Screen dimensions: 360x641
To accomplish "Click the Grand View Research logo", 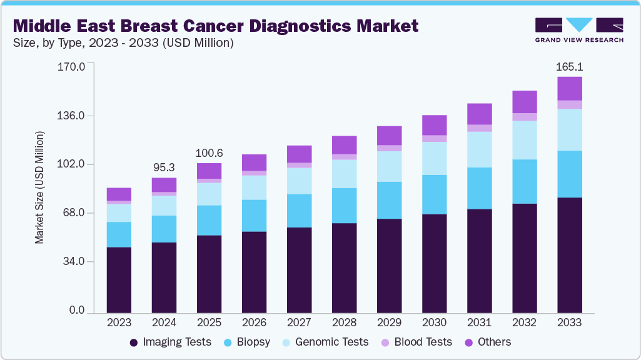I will (x=579, y=29).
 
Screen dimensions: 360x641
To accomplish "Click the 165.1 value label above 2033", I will (x=570, y=67).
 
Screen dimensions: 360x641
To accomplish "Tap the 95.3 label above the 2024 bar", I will (x=164, y=168).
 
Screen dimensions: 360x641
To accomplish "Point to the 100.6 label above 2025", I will (x=209, y=153).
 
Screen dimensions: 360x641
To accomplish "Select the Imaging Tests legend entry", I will (x=170, y=342).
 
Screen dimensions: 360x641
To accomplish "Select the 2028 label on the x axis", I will (x=344, y=322).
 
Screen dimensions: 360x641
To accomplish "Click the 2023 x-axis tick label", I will (x=119, y=322).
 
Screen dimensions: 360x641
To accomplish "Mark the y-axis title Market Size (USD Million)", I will (x=39, y=187).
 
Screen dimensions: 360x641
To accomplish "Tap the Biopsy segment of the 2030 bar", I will (x=434, y=194).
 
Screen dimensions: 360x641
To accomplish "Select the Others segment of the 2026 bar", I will (x=254, y=162).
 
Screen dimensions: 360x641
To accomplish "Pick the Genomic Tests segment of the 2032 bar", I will (x=525, y=140).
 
